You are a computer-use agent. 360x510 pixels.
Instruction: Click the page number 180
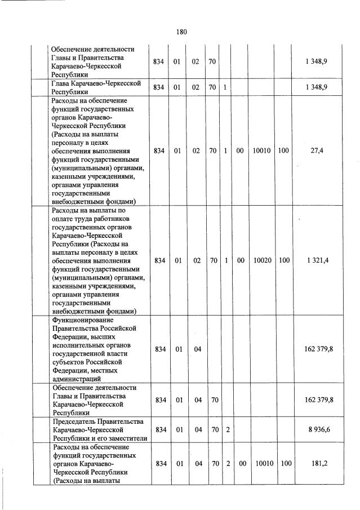click(x=181, y=32)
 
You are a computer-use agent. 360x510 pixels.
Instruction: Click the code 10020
click(x=262, y=260)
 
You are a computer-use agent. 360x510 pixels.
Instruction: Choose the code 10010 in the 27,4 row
click(x=262, y=151)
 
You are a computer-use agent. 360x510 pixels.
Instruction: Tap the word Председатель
click(x=78, y=422)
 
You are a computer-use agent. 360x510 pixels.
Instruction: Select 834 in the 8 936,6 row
click(x=159, y=430)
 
